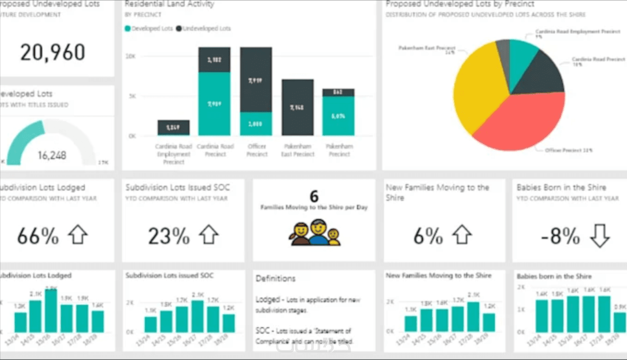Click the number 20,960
[x=53, y=53]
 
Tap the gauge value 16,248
[x=52, y=155]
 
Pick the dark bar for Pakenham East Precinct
[x=298, y=107]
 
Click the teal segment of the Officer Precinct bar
[x=256, y=124]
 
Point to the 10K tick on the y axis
[x=130, y=56]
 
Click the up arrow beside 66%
[x=78, y=235]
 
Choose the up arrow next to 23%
[x=209, y=235]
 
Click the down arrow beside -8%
[x=600, y=236]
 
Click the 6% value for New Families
[x=428, y=236]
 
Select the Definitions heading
[x=275, y=278]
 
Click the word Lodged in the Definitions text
[x=267, y=300]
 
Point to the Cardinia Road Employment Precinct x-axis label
[x=173, y=154]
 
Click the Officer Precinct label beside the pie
[x=568, y=150]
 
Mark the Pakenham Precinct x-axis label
[x=339, y=150]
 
